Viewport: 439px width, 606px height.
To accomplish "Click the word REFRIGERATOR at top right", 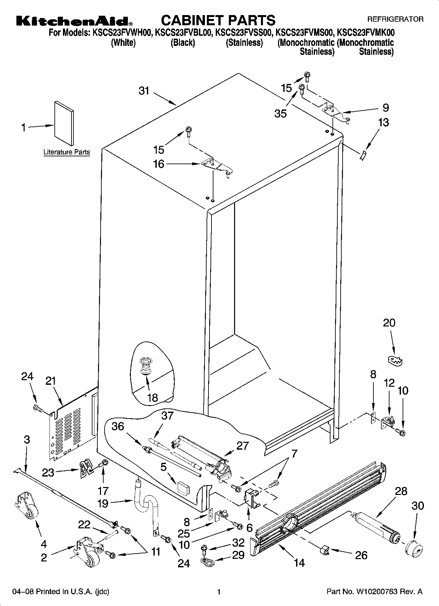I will [395, 19].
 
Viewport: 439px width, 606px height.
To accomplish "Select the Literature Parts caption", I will [67, 152].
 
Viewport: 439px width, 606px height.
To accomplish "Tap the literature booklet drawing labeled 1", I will [64, 123].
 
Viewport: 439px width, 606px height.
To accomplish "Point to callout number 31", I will [144, 91].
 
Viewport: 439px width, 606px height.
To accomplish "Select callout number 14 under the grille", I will [299, 562].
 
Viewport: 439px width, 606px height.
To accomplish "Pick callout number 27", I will [242, 446].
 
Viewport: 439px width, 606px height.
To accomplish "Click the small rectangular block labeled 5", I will [183, 487].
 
